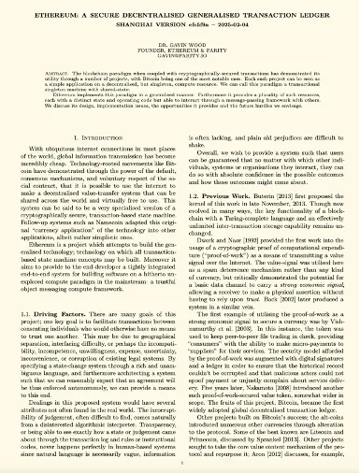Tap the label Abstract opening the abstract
(58, 74)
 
